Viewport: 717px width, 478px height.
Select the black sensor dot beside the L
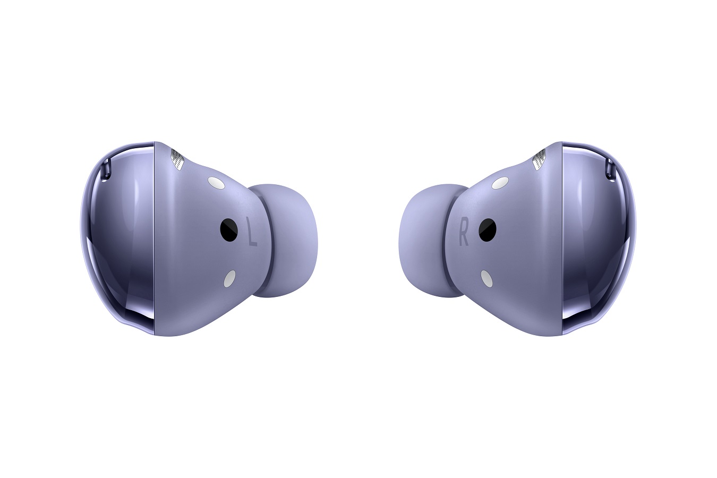pyautogui.click(x=229, y=228)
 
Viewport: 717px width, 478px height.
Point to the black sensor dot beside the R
pyautogui.click(x=488, y=228)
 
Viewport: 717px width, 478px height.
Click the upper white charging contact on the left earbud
pyautogui.click(x=216, y=183)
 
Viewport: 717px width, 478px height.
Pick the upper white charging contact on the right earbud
pyautogui.click(x=500, y=183)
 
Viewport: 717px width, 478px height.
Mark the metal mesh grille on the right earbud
pyautogui.click(x=540, y=159)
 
